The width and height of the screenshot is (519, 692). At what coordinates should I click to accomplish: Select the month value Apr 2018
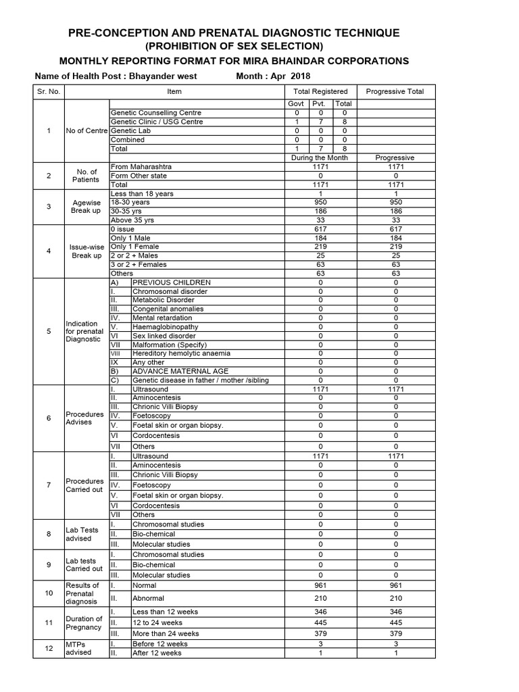coord(291,76)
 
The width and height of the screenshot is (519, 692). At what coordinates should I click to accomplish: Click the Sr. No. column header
coord(49,91)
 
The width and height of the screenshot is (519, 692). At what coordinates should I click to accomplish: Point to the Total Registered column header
coord(320,91)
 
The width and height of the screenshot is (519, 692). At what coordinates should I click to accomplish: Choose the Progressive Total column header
coord(395,91)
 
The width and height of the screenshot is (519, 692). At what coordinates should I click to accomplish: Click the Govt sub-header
coord(297,104)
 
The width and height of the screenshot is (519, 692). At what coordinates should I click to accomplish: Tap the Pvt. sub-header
coord(318,104)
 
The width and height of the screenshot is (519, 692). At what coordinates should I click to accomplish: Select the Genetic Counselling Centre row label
coord(155,113)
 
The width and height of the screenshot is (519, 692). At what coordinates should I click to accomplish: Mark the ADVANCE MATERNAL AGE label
coord(180,371)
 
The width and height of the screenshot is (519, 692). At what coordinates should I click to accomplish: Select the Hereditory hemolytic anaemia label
coord(181,353)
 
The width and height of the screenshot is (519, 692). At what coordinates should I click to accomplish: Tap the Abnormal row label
coord(148,598)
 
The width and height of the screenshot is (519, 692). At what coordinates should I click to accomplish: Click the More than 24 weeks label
coord(166,633)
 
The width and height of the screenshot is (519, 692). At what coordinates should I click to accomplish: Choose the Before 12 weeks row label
coord(157,644)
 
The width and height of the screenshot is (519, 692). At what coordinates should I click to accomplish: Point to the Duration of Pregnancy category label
coord(84,622)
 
